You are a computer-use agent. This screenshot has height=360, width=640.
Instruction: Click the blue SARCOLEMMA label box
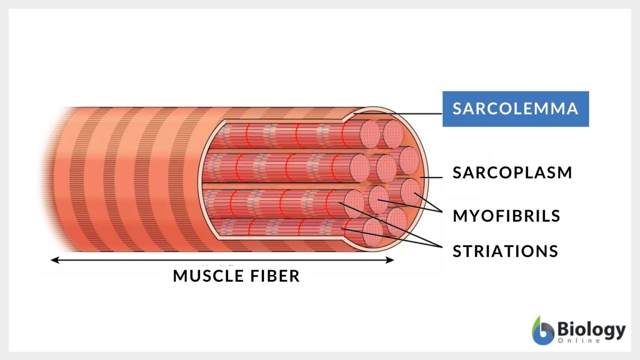click(515, 109)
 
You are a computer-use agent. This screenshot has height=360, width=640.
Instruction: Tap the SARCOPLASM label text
click(512, 172)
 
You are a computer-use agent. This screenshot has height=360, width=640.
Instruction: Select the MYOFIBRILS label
click(506, 216)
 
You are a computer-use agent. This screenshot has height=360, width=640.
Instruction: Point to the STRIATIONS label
click(505, 251)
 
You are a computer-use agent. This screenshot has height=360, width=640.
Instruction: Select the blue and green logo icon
click(542, 331)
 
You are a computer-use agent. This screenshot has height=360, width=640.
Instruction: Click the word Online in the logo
click(579, 341)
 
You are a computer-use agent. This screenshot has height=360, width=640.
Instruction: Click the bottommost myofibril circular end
click(372, 232)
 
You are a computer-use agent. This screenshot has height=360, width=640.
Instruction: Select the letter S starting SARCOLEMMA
click(457, 109)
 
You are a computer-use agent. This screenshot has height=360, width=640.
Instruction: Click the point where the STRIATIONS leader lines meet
click(441, 247)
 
